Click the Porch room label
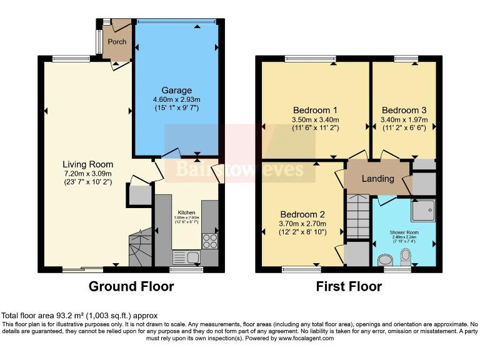click(x=117, y=42)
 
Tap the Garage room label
click(x=176, y=91)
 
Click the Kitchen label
click(x=187, y=212)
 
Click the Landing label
click(x=378, y=179)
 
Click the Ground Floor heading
click(x=131, y=287)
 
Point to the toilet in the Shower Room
click(x=406, y=255)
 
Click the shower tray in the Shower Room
click(x=422, y=211)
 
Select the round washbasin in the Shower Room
click(x=386, y=259)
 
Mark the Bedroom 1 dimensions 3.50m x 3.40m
click(x=315, y=120)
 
